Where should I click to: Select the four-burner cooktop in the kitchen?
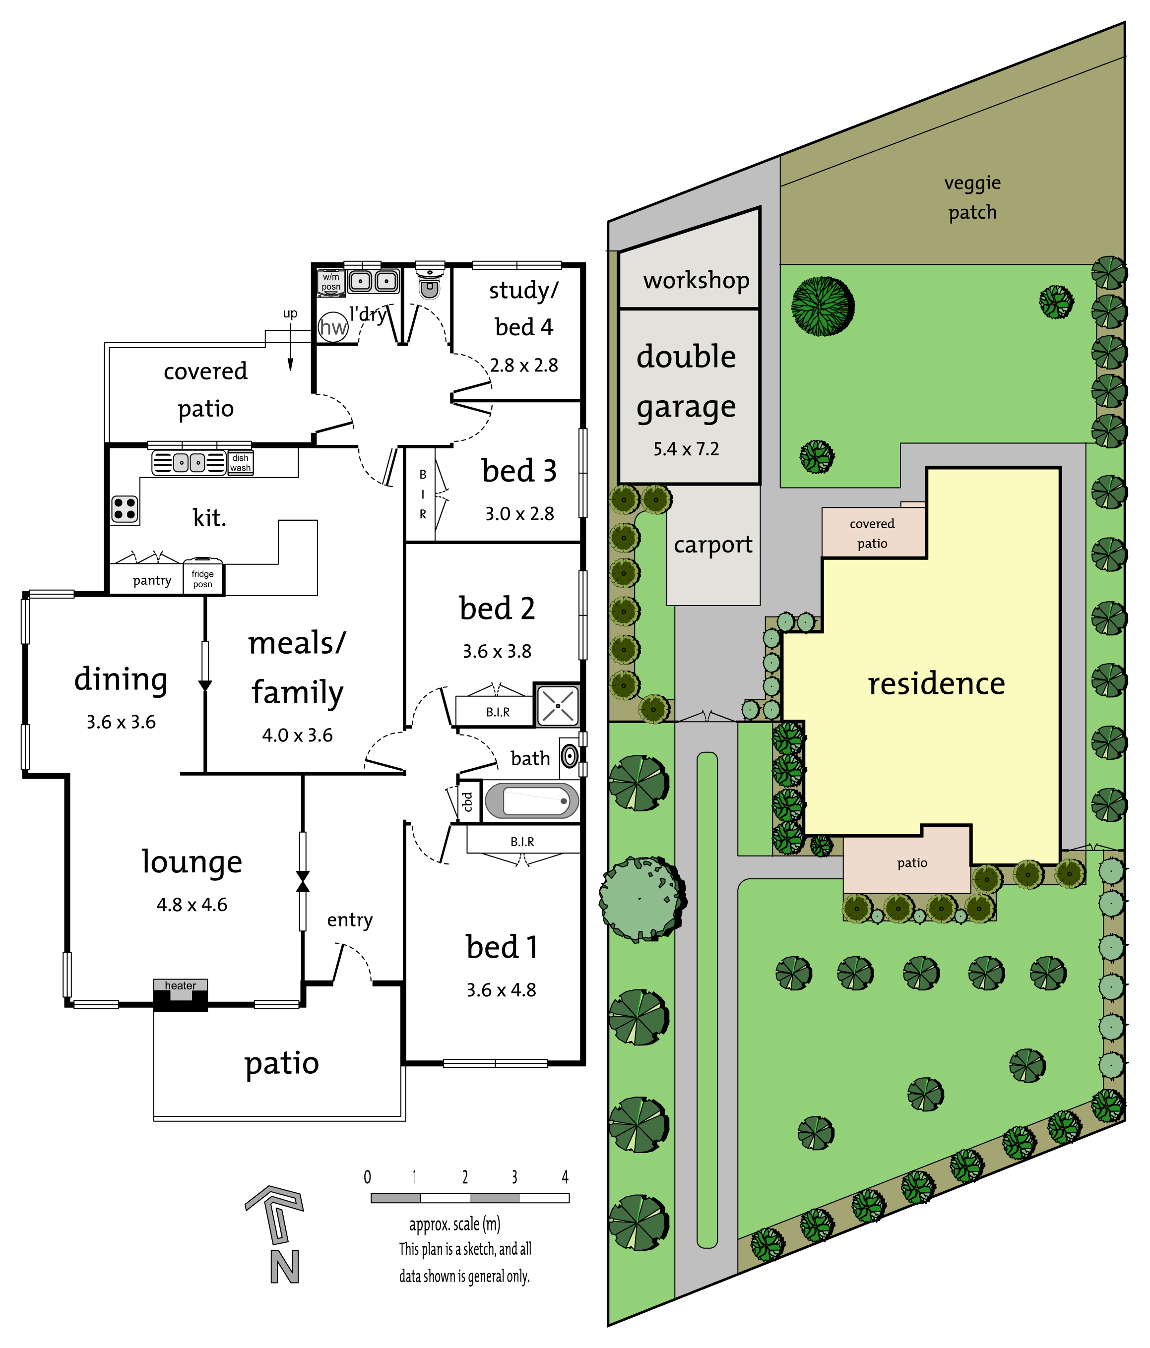pos(125,509)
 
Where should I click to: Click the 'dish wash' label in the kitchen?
pos(240,463)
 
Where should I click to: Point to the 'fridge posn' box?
pos(202,578)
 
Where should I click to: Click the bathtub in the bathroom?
pos(532,800)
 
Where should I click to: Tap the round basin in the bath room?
pos(570,756)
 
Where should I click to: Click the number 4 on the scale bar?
pos(565,1177)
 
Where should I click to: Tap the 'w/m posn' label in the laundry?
pos(330,282)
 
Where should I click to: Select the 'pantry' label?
pos(152,580)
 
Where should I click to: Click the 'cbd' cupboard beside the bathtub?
pos(467,801)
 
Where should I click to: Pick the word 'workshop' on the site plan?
pos(696,280)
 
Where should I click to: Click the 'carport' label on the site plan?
pos(712,545)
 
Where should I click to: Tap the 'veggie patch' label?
pos(972,197)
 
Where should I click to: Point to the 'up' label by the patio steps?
pos(290,313)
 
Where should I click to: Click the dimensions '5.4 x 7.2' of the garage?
pos(686,449)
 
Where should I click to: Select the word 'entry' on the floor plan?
pos(349,920)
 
